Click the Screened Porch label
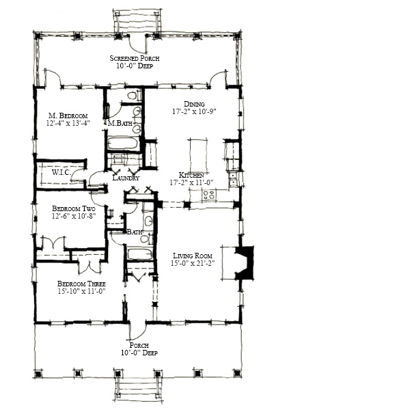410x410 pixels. pos(135,58)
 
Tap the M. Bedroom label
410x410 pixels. pos(68,115)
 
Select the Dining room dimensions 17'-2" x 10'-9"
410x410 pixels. pos(194,111)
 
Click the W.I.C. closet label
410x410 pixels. pos(61,172)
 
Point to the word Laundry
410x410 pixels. pos(126,178)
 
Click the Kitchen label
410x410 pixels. pos(191,175)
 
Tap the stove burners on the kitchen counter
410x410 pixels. pos(209,195)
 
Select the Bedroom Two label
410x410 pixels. pos(74,208)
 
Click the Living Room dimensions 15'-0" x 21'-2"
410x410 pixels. pos(193,263)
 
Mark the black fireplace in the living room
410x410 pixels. pos(246,262)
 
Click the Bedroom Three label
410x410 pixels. pos(81,284)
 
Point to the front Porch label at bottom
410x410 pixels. pos(139,345)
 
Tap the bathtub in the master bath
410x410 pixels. pos(123,143)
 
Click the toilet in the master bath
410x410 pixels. pos(133,96)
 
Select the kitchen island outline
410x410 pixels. pos(198,155)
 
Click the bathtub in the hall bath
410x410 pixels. pos(140,254)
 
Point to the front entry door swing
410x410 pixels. pos(138,331)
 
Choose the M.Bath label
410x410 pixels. pos(120,123)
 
